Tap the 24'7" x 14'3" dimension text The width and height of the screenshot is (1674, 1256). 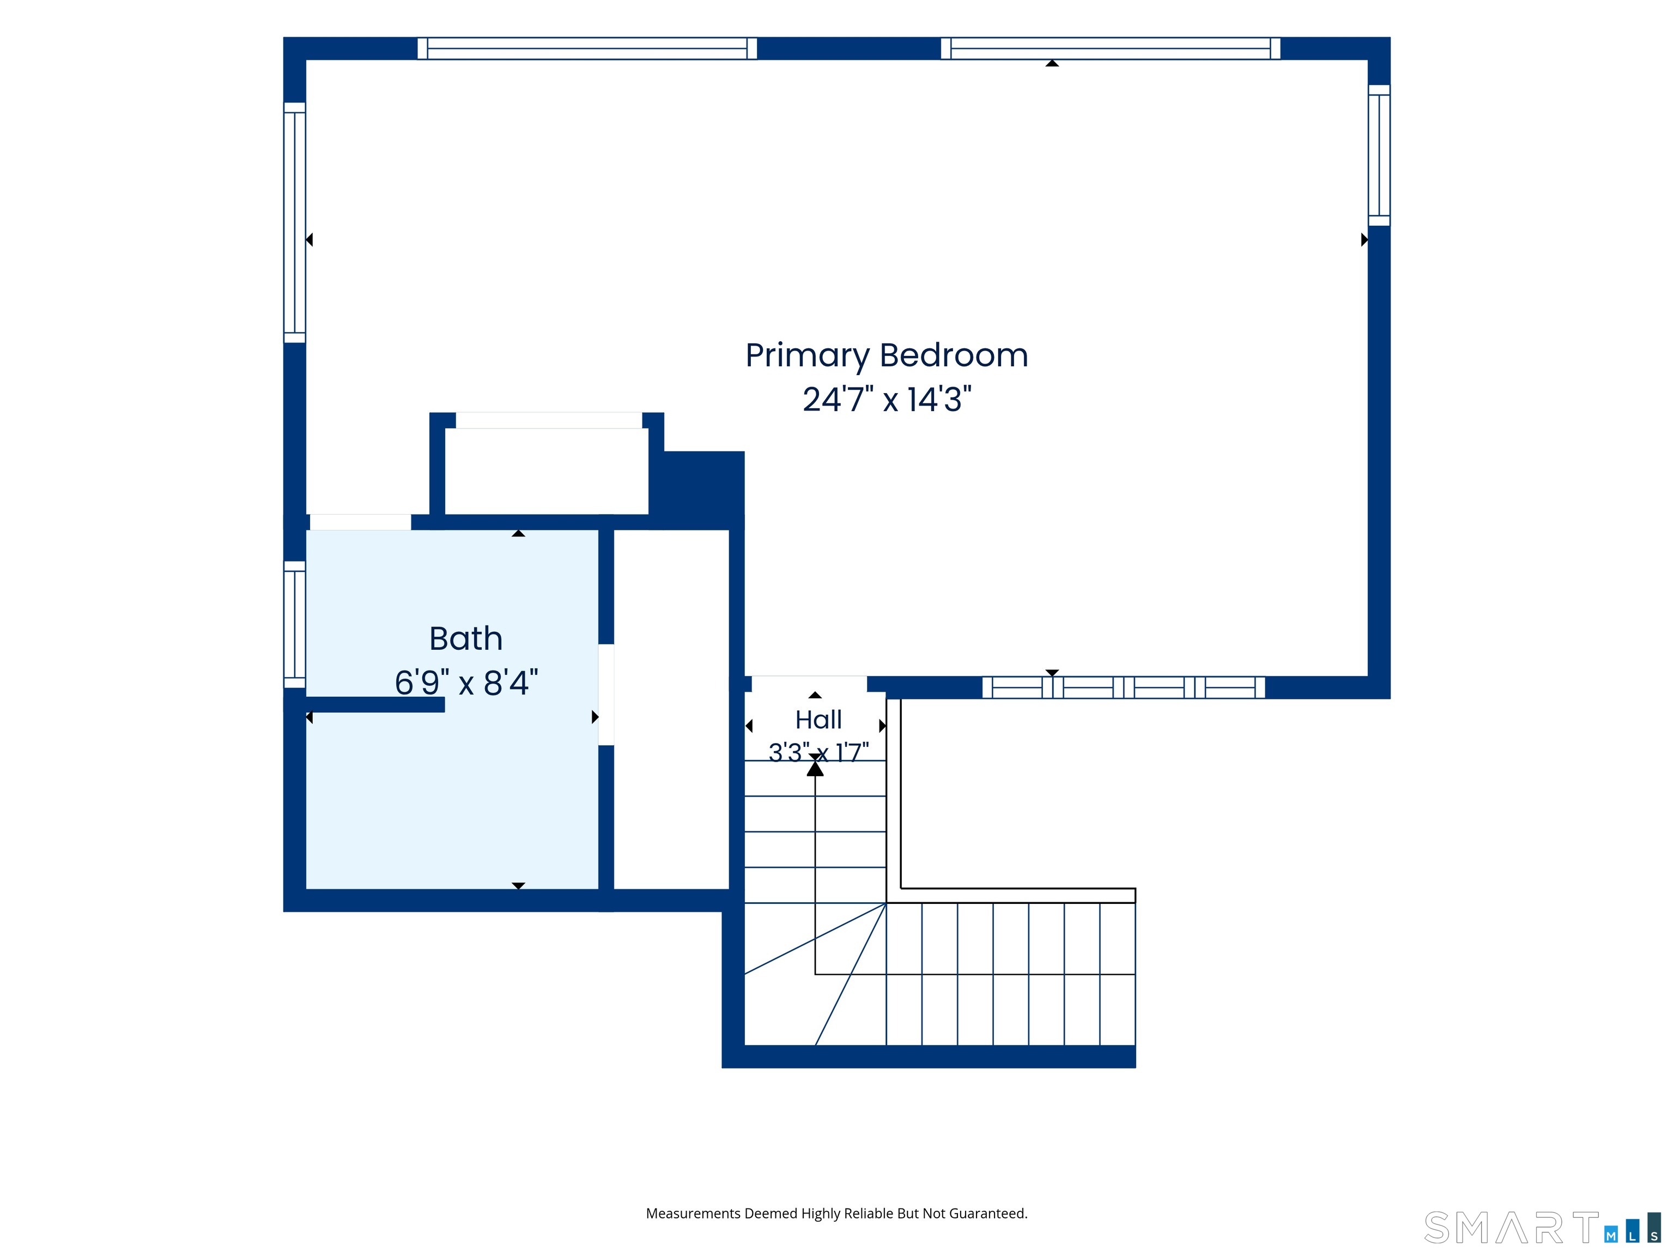click(x=887, y=399)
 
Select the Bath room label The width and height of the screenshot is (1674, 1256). click(x=466, y=638)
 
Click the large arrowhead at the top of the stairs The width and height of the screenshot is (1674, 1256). click(x=815, y=769)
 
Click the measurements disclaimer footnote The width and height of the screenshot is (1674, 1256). click(x=836, y=1213)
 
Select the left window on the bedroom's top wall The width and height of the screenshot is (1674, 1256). click(x=587, y=49)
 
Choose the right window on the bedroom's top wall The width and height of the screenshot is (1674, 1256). click(x=1110, y=49)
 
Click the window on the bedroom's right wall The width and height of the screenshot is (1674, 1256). click(x=1379, y=155)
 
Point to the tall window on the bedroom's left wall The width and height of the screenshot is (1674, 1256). click(x=294, y=222)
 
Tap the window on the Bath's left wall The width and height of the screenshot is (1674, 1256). click(x=294, y=625)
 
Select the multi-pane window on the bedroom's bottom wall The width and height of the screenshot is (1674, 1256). click(x=1124, y=687)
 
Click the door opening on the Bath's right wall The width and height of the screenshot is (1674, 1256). click(x=606, y=695)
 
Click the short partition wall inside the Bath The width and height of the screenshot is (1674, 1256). click(x=375, y=705)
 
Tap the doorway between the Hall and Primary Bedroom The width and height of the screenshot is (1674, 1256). click(x=809, y=684)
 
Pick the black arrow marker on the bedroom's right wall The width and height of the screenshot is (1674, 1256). click(x=1364, y=240)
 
